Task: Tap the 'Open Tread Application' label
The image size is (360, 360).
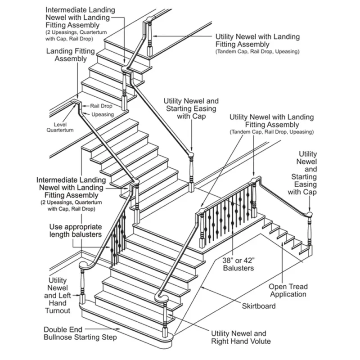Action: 288,290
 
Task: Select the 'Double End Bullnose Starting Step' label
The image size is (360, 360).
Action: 81,333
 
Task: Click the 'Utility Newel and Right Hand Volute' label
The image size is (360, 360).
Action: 238,337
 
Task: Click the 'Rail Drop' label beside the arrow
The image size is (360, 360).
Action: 101,106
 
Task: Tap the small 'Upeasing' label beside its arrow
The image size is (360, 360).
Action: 103,115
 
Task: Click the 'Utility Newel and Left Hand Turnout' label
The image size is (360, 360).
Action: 57,295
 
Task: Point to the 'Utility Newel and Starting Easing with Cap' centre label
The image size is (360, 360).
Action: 191,109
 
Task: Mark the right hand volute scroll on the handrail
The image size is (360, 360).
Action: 161,297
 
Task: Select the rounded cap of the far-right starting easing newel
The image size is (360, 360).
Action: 310,213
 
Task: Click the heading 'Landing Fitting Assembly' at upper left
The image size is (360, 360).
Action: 71,55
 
